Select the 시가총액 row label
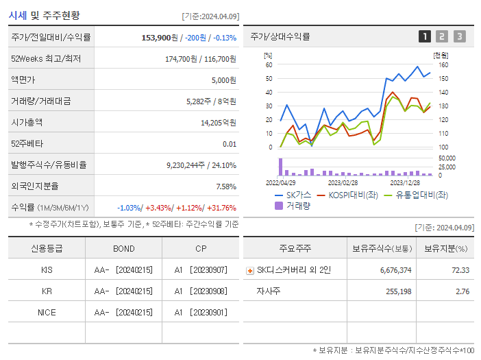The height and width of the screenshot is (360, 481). (x=27, y=122)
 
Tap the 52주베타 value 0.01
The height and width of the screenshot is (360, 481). (x=230, y=143)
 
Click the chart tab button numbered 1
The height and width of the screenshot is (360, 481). (x=425, y=37)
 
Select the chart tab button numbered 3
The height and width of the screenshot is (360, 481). (x=459, y=37)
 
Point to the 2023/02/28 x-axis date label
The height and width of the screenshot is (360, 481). (x=343, y=182)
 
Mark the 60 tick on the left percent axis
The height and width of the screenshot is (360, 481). (x=269, y=65)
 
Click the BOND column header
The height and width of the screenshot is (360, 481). (x=124, y=248)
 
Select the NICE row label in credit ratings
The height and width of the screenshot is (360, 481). (x=47, y=312)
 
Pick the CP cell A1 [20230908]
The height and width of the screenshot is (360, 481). (x=200, y=291)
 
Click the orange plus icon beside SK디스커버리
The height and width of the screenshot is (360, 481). (x=249, y=270)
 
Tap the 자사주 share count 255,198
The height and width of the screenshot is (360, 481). (x=396, y=291)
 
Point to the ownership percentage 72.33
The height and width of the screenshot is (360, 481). (x=460, y=270)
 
